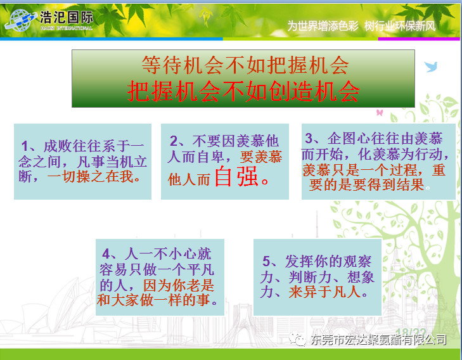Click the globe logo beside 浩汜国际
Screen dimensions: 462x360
[x=20, y=20]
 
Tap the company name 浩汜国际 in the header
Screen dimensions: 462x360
[x=67, y=17]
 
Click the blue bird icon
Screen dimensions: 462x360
[x=431, y=67]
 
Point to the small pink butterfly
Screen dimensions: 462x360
[x=380, y=112]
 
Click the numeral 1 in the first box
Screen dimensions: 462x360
[x=25, y=146]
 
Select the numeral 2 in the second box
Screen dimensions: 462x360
[x=174, y=141]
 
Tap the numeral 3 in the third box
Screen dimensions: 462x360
[x=309, y=138]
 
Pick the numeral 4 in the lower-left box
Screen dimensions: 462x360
[x=106, y=254]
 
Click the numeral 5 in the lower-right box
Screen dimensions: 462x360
[x=266, y=261]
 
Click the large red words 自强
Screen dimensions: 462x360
[x=236, y=176]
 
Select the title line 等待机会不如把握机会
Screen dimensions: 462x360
[x=245, y=65]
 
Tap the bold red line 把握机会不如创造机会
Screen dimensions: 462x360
[x=243, y=91]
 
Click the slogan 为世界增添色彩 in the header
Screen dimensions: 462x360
[x=323, y=26]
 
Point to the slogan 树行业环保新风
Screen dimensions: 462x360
[x=400, y=26]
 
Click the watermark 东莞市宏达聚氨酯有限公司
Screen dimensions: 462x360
[x=378, y=340]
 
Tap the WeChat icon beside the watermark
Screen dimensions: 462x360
[x=297, y=339]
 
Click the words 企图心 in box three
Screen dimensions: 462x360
[x=349, y=138]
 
